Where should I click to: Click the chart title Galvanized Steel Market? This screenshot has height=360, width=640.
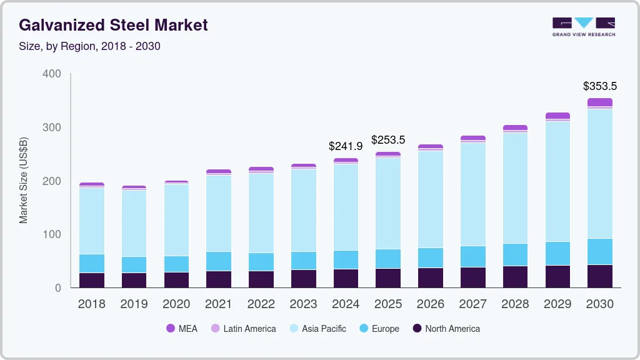click(x=113, y=25)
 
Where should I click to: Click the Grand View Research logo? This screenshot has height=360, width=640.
click(x=583, y=27)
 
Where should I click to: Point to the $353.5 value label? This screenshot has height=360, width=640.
click(x=599, y=86)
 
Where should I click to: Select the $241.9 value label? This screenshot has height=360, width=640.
click(x=346, y=146)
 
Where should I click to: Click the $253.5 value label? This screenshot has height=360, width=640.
click(x=388, y=139)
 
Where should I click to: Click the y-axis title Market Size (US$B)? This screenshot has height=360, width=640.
click(x=24, y=180)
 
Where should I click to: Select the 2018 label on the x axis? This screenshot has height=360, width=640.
click(x=91, y=304)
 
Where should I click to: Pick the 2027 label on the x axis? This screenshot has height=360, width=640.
click(x=473, y=304)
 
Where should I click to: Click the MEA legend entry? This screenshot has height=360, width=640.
click(x=181, y=329)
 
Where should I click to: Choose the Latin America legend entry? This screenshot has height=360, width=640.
click(x=243, y=329)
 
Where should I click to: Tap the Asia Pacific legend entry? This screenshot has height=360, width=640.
click(x=317, y=329)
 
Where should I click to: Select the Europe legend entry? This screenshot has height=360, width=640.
click(x=378, y=329)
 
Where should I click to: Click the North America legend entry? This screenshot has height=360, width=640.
click(x=446, y=329)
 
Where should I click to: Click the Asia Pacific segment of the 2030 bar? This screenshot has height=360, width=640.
click(x=600, y=173)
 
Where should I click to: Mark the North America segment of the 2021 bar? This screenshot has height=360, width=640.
click(x=219, y=279)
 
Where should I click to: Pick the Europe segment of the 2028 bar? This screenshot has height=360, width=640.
click(x=515, y=254)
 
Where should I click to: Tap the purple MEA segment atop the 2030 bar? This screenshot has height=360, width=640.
click(x=600, y=102)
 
